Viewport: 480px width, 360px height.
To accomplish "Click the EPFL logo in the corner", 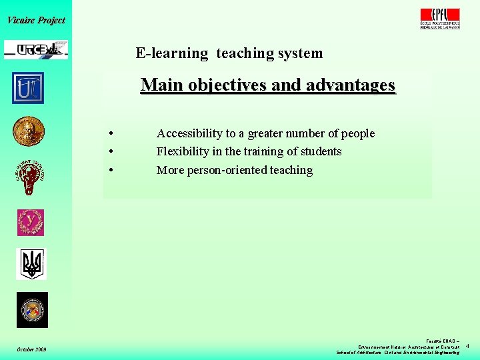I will tap(440, 18).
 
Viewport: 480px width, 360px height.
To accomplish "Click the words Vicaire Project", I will tap(36, 20).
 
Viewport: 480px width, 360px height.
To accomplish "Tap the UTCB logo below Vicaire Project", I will tap(36, 49).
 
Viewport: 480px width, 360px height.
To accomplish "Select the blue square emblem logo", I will tap(28, 88).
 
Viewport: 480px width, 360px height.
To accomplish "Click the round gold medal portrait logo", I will tap(29, 131).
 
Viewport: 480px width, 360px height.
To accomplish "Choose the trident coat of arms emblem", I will tap(31, 264).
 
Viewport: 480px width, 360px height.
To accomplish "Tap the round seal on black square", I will tap(32, 310).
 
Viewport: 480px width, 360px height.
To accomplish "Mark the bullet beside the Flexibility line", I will tap(109, 152).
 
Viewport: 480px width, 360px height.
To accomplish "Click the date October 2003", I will tap(31, 350).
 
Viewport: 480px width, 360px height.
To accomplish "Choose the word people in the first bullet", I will tap(358, 133).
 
